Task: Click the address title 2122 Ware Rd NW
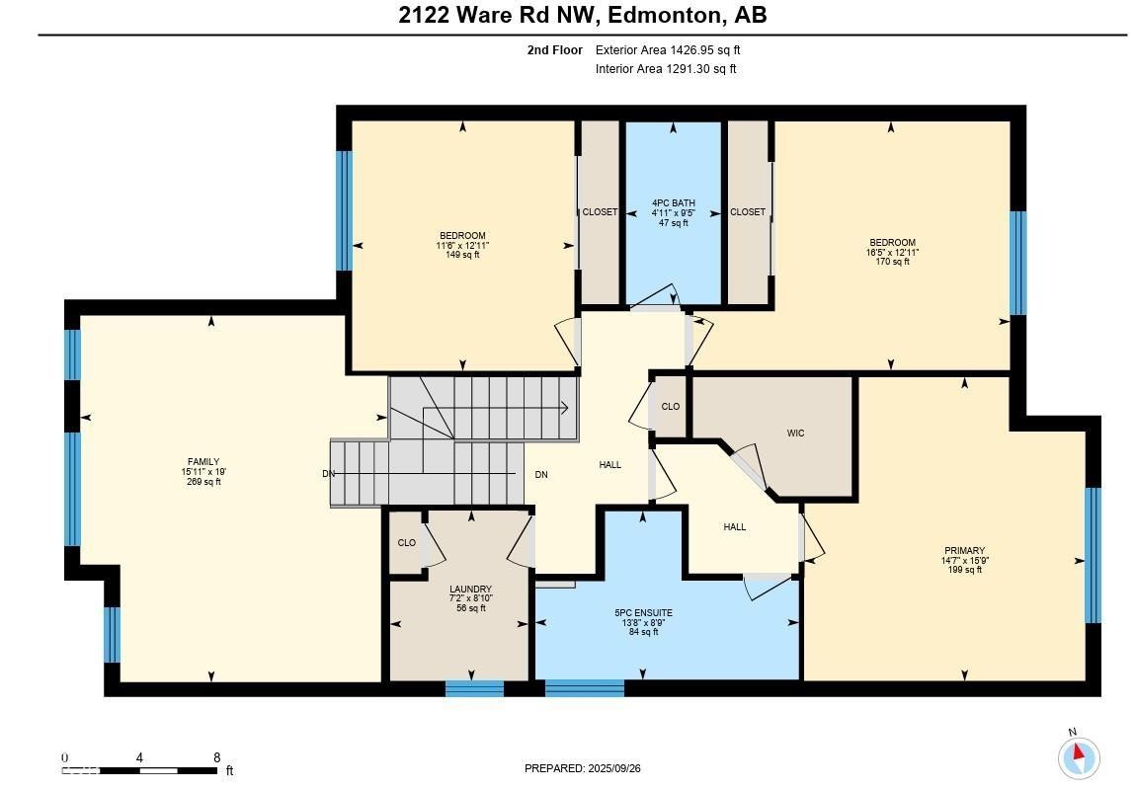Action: pos(582,15)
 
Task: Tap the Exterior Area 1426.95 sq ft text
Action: pos(667,49)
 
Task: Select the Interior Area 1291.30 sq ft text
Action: pos(665,69)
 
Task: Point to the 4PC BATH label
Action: pos(673,203)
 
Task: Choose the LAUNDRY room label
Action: pos(470,590)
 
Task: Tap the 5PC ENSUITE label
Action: pos(642,612)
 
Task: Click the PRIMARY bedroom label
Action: pos(964,551)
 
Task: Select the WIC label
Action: pos(795,434)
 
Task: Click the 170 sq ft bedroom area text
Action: pos(891,262)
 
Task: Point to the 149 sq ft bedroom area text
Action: pos(462,255)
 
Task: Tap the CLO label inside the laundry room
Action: pos(406,543)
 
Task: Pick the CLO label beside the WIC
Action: pos(670,407)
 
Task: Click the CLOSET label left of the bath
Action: pos(599,212)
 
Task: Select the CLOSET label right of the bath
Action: pos(747,212)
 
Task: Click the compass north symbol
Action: pos(1078,757)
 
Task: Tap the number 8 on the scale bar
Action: pos(216,758)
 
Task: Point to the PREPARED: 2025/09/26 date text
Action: pos(589,768)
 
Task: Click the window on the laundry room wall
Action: pos(474,688)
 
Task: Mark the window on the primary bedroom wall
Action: pos(1093,555)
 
